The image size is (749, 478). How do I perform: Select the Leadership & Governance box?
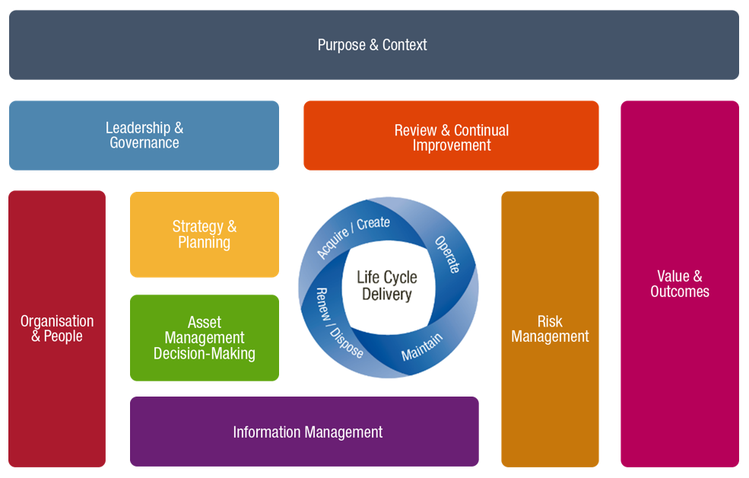tap(144, 135)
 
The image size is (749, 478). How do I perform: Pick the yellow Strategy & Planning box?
tap(204, 234)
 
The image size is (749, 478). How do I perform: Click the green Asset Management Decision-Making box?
tap(204, 338)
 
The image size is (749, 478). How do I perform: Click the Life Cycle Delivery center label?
tap(387, 286)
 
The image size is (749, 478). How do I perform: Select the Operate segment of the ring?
tap(448, 254)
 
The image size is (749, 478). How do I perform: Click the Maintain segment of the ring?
tap(422, 346)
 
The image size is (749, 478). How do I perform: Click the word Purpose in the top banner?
tap(342, 45)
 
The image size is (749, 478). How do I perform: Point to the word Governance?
tap(144, 143)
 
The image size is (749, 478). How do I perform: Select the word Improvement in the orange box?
tap(452, 145)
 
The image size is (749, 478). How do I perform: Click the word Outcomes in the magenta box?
tap(680, 292)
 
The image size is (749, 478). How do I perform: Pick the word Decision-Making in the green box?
tap(204, 354)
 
